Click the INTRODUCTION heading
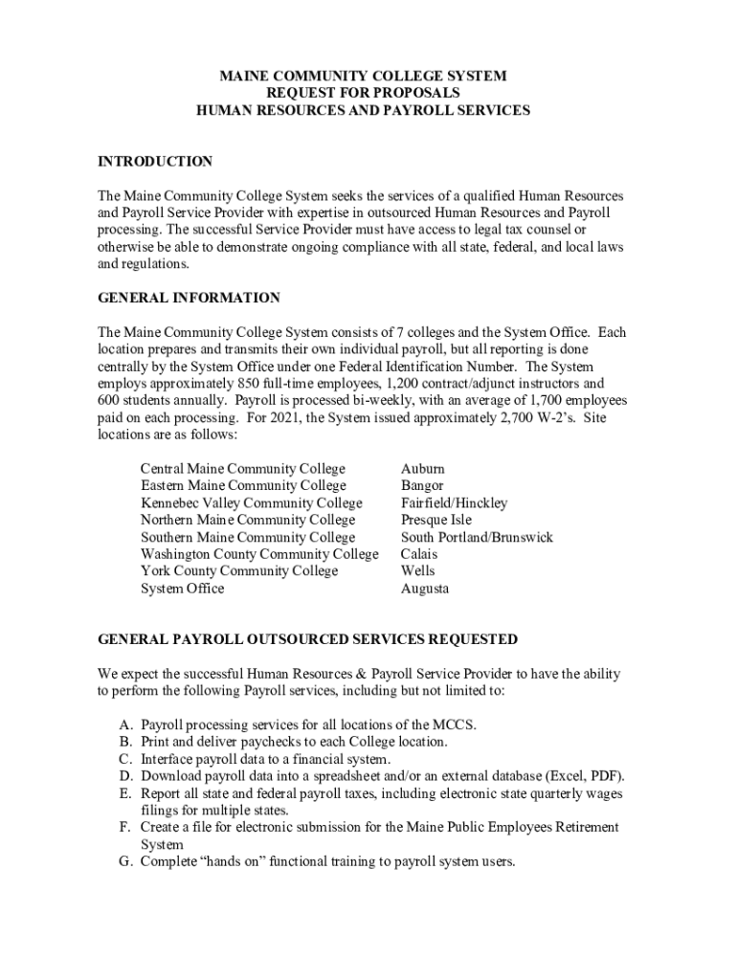click(155, 162)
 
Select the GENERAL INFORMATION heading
click(189, 299)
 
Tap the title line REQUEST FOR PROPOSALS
click(363, 93)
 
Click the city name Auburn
click(422, 469)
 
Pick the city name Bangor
click(422, 486)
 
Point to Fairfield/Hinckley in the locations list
click(454, 503)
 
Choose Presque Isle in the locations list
click(437, 521)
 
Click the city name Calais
click(419, 554)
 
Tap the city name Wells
click(418, 571)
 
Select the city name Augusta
click(425, 589)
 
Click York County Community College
click(239, 571)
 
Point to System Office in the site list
click(182, 589)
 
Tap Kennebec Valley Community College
click(252, 503)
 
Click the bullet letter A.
click(125, 724)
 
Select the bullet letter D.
click(125, 776)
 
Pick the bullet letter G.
click(125, 861)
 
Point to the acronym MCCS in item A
click(454, 724)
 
